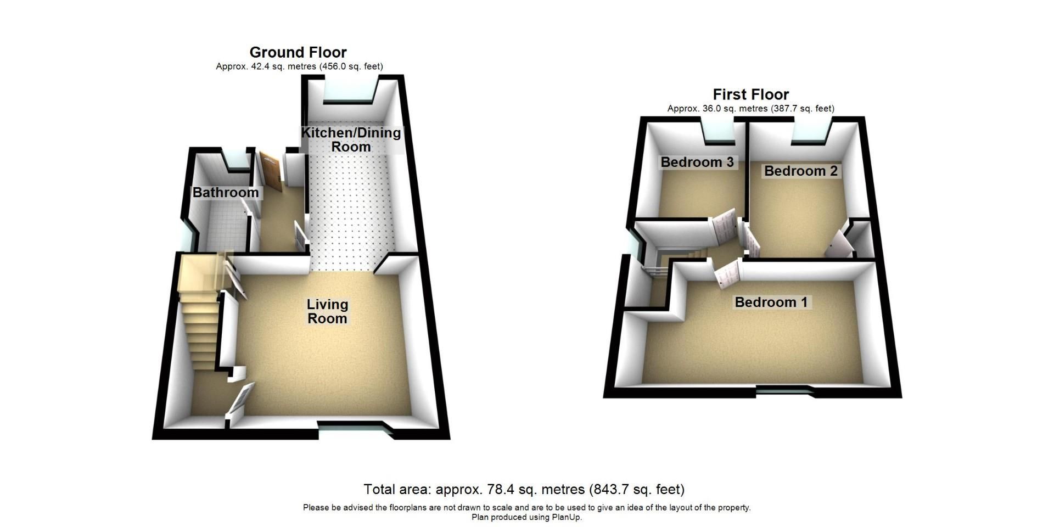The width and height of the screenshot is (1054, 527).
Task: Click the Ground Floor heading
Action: (x=298, y=52)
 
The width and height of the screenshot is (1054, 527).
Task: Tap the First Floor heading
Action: (x=750, y=94)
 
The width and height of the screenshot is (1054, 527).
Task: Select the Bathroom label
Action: (x=225, y=193)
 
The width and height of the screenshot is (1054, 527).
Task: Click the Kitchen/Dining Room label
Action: (x=351, y=139)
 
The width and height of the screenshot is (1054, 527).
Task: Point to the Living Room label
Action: (x=327, y=311)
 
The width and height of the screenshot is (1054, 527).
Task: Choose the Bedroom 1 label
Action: (x=771, y=302)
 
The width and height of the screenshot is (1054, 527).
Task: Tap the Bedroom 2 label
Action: (x=800, y=171)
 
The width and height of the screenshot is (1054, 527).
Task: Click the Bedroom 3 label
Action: (x=697, y=162)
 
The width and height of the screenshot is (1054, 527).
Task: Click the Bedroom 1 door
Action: (x=728, y=273)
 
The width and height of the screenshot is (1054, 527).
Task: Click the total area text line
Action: (x=524, y=489)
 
